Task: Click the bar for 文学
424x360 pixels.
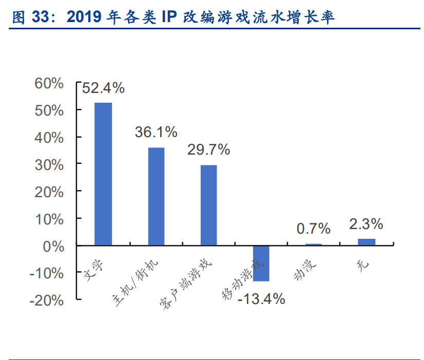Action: click(x=103, y=174)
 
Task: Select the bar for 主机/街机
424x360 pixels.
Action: click(x=156, y=196)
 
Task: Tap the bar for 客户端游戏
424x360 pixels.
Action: click(x=208, y=205)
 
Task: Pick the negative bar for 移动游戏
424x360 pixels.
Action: click(x=261, y=263)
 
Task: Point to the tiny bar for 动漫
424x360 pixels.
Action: click(x=314, y=244)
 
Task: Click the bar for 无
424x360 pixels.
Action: click(x=366, y=242)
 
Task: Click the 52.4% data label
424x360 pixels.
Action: click(x=103, y=88)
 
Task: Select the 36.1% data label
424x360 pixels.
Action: click(x=156, y=132)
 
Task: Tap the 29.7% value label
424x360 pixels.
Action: click(x=208, y=150)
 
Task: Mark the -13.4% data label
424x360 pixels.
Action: click(x=261, y=299)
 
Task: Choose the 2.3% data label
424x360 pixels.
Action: click(x=366, y=224)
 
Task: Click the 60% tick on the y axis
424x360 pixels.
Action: click(x=48, y=83)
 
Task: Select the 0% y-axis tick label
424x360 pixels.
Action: click(x=52, y=246)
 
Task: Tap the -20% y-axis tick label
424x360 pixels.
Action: click(x=47, y=300)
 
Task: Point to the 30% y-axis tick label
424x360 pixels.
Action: click(x=48, y=165)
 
